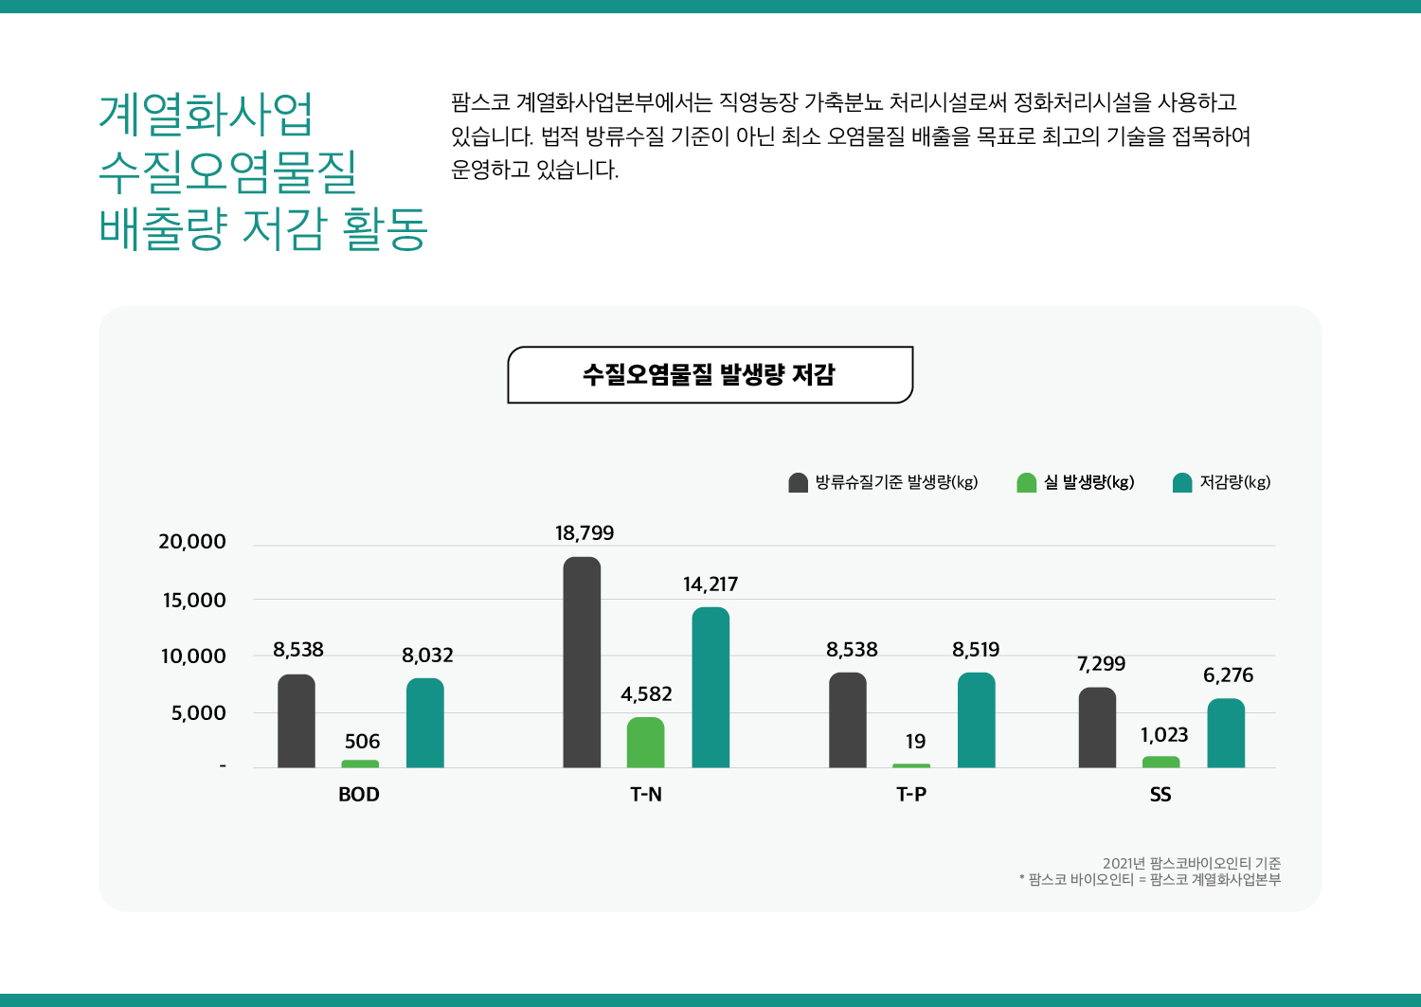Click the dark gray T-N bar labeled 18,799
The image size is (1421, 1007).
(582, 662)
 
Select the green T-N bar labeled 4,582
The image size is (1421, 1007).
(645, 743)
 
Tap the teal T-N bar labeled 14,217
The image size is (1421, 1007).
(710, 688)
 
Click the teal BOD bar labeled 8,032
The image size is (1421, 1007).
(424, 723)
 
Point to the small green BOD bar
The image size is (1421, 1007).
(360, 764)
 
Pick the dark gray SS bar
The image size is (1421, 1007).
(1097, 728)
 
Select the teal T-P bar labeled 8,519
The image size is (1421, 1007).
(976, 720)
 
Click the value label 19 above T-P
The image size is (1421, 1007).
(915, 742)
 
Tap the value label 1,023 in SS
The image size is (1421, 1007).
(1163, 735)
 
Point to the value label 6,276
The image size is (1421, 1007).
(1228, 675)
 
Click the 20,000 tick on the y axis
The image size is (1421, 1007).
(192, 542)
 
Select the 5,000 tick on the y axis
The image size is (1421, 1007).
(198, 713)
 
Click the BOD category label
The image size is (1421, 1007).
(359, 795)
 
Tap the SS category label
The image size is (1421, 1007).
(1160, 795)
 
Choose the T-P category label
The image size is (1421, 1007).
(911, 795)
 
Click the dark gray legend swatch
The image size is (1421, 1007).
(798, 483)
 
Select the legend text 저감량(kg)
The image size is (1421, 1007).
(1234, 482)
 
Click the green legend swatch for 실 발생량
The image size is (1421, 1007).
(1026, 483)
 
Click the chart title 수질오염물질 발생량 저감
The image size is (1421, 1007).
(710, 375)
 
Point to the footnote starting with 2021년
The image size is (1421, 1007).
(1191, 863)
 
